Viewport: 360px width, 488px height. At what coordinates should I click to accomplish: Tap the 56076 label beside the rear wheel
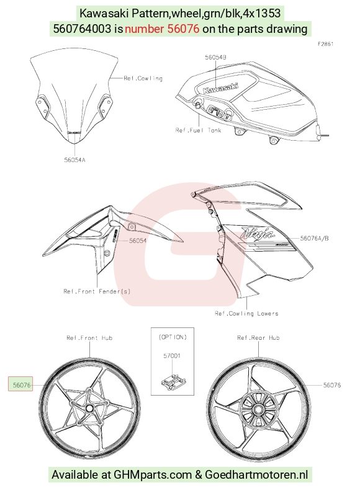pos(332,385)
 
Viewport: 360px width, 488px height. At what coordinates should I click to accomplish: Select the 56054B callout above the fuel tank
pos(215,57)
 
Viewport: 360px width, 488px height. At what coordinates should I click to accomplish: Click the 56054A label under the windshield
pos(74,160)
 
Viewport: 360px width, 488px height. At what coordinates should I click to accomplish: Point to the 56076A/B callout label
pos(314,238)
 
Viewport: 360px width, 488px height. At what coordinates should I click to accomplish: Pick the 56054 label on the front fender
pos(138,241)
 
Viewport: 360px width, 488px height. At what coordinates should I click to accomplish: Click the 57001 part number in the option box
pos(172,356)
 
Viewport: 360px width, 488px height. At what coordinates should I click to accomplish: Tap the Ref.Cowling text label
pos(143,78)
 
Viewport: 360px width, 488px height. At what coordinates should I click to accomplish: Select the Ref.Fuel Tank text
pos(198,130)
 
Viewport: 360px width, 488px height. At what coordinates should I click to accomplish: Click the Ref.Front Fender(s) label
pos(97,291)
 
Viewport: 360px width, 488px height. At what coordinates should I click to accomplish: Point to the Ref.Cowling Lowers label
pos(246,313)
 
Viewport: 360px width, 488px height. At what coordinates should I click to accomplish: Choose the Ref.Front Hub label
pos(89,338)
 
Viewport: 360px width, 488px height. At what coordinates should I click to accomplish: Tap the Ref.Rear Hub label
pos(258,338)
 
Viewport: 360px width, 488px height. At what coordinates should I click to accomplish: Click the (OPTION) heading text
pos(173,337)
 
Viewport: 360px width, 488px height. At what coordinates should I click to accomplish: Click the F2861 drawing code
pos(325,44)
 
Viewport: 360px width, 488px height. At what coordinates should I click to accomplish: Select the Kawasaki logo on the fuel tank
pos(221,88)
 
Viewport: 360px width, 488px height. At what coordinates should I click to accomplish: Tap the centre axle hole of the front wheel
pos(89,408)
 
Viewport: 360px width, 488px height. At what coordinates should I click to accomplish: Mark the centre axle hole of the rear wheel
pos(258,410)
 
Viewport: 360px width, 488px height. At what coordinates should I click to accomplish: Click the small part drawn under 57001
pos(173,381)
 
